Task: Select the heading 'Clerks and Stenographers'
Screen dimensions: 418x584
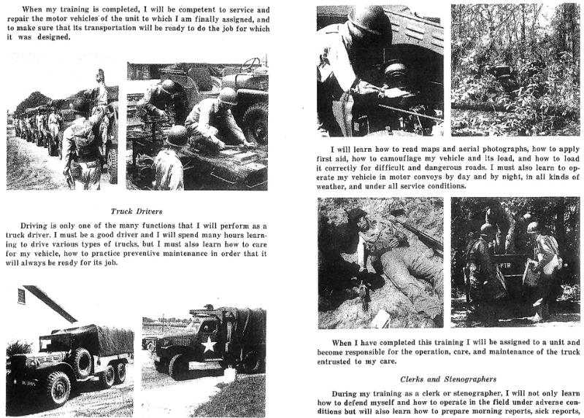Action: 447,379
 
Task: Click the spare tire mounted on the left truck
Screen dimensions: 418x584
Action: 80,360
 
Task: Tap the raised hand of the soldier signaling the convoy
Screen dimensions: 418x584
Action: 100,76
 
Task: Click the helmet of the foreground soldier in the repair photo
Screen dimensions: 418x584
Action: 177,136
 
